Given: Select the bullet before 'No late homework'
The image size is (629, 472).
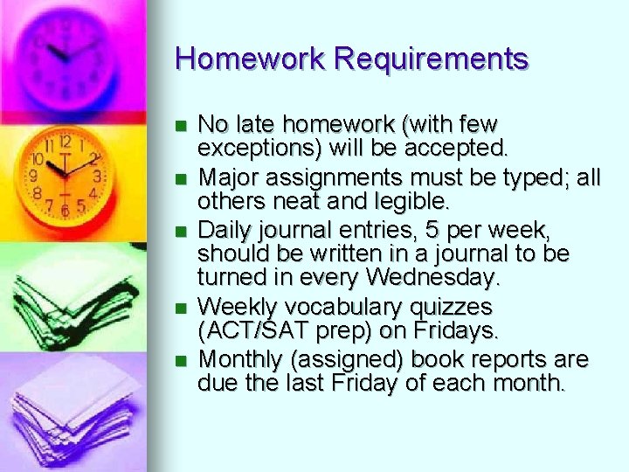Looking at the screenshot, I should [181, 125].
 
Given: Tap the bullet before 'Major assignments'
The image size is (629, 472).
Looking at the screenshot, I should [181, 178].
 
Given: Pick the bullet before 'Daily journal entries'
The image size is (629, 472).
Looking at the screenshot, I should [181, 232].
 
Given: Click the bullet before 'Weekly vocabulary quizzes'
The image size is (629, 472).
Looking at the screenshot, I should [181, 308].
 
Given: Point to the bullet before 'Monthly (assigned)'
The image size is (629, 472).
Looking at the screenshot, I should [181, 360].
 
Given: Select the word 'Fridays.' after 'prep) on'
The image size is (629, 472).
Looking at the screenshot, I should [453, 330].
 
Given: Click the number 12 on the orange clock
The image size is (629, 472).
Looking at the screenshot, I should [64, 141].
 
